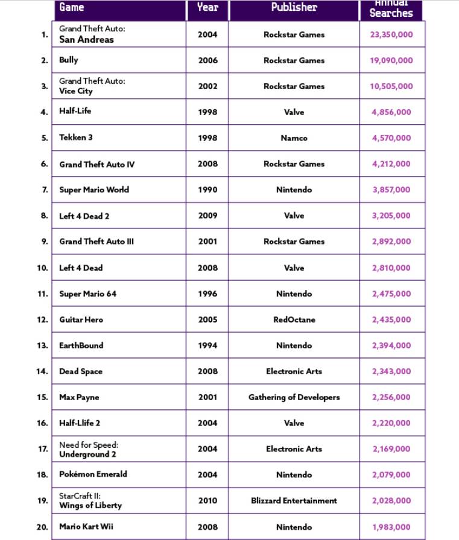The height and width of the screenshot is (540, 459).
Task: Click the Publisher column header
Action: [x=294, y=8]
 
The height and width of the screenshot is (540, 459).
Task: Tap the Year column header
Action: [x=207, y=8]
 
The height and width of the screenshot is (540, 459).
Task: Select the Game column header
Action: [x=72, y=8]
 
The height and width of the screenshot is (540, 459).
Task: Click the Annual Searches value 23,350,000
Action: [x=391, y=35]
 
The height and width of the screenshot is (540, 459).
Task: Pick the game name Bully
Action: [x=69, y=60]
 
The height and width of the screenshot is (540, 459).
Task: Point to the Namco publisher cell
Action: [x=294, y=138]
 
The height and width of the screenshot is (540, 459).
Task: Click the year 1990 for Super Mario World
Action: [x=207, y=190]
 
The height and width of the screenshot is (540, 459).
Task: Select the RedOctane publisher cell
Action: [x=294, y=320]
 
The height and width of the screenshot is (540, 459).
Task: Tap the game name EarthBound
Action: [x=81, y=346]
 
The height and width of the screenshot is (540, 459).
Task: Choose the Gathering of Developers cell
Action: [x=294, y=398]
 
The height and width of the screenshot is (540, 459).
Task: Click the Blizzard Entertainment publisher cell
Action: [x=294, y=501]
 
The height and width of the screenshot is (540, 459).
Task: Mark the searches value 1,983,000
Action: [x=391, y=527]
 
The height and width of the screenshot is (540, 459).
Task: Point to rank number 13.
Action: [x=42, y=346]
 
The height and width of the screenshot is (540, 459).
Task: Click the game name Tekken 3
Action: [x=76, y=137]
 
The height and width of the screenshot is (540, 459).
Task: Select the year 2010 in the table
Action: [x=207, y=501]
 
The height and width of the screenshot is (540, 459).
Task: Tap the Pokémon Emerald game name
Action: [x=93, y=474]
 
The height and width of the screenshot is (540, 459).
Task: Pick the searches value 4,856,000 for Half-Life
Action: [x=391, y=112]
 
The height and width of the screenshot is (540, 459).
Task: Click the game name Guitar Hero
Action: [x=81, y=320]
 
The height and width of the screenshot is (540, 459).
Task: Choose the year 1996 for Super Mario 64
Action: [x=207, y=294]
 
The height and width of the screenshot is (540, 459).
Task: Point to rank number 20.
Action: [x=42, y=527]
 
